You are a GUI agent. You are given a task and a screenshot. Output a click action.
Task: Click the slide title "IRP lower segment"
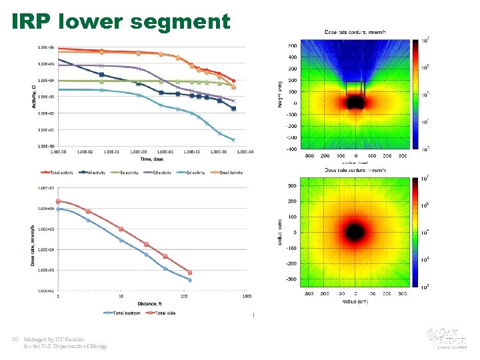point(121,21)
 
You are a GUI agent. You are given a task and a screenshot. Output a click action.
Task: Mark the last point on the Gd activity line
point(233,139)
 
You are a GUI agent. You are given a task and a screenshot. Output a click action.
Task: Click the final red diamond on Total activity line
point(233,81)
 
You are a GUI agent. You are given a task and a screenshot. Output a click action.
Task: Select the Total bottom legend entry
point(123,313)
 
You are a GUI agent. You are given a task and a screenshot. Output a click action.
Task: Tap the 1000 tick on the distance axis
point(246,297)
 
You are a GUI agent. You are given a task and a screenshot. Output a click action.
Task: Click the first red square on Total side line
point(58,201)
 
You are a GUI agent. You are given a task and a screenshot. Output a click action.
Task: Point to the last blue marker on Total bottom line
point(189,280)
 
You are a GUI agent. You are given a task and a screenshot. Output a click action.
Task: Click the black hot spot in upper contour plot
point(355,103)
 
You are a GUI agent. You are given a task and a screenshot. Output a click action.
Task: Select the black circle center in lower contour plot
point(355,233)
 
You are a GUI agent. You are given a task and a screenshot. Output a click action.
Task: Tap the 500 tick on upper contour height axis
point(293,46)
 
